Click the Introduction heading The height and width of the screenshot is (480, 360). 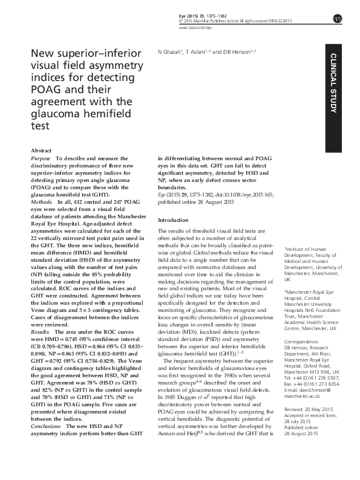[173, 220]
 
